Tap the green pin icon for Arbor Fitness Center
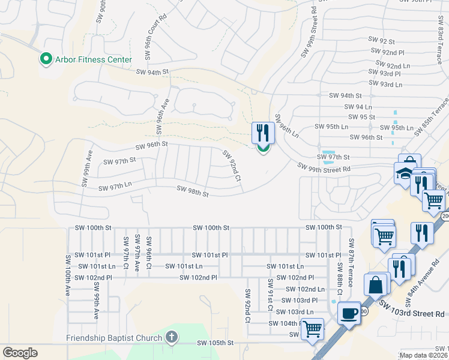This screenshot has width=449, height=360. tap(44, 59)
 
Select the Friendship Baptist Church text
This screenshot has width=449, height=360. tap(115, 338)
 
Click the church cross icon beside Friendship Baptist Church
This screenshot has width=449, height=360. tap(172, 337)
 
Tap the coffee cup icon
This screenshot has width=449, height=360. tap(349, 313)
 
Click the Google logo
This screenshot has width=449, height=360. tap(20, 353)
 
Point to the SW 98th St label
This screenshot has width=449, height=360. tap(193, 192)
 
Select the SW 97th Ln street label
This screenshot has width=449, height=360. tap(112, 187)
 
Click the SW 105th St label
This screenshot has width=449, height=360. tap(214, 343)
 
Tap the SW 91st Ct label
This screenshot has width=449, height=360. tap(271, 295)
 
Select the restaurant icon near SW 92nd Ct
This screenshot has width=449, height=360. tap(263, 133)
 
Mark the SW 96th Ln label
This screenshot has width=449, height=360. tap(286, 125)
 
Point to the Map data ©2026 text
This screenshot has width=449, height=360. tap(424, 355)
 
